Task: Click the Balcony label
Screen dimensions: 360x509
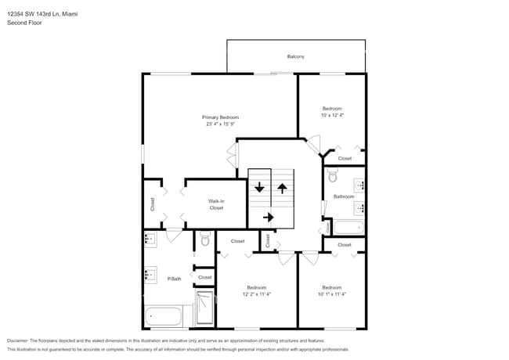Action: point(295,56)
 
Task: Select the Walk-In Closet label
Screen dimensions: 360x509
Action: point(216,204)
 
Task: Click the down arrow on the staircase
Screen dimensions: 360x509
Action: point(260,189)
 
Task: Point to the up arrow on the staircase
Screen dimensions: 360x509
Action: point(282,189)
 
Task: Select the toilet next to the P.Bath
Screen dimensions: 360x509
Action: point(205,239)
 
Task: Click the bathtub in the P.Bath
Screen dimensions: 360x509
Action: point(163,317)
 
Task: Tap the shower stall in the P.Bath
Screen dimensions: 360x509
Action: point(204,308)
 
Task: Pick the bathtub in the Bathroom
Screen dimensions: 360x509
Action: point(349,229)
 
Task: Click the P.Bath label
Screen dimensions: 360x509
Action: point(174,279)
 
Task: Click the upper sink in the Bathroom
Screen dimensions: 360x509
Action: point(360,185)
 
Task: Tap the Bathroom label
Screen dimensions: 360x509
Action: point(345,196)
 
